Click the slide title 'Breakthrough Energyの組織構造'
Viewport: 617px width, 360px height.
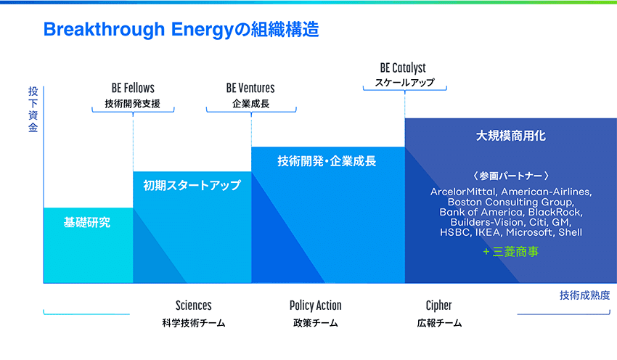(181, 30)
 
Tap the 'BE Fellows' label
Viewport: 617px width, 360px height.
(133, 88)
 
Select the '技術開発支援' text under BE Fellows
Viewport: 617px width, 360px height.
(133, 103)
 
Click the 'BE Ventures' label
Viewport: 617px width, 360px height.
(250, 88)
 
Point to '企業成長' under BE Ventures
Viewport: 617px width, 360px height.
(250, 103)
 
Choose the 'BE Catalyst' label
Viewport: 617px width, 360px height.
(404, 68)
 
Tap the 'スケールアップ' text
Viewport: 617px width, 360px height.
(404, 83)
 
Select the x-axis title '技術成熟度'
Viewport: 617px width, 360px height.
(584, 295)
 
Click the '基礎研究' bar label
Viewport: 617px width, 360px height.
(88, 223)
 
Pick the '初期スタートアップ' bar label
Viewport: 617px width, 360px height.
(192, 186)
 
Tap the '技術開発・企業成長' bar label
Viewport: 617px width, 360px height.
(327, 161)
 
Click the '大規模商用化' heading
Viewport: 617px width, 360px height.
(510, 136)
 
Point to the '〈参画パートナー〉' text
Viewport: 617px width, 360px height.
(510, 176)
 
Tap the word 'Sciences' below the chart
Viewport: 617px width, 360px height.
(194, 306)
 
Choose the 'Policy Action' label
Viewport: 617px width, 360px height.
(315, 306)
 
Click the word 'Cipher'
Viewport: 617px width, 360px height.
(438, 306)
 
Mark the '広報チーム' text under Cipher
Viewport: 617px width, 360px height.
(439, 323)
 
